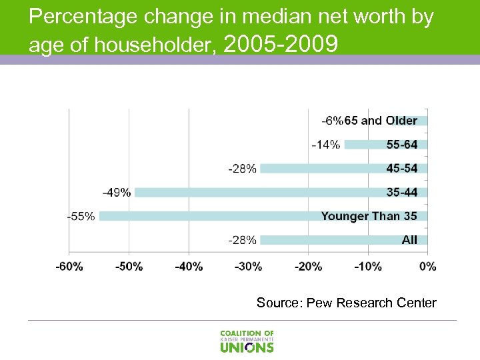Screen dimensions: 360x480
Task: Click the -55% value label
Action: coord(81,216)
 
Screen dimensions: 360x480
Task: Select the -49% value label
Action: coord(116,193)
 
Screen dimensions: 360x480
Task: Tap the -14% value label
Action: coord(325,144)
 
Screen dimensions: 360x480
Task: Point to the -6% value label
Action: coord(332,121)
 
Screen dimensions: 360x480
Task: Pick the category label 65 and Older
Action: coord(381,121)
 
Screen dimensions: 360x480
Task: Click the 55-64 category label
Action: coord(401,144)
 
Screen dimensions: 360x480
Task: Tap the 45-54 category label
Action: coord(401,168)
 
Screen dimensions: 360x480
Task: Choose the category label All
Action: coord(409,240)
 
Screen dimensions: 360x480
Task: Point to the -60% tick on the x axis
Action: coord(69,267)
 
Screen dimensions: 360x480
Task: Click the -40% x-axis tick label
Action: coord(189,267)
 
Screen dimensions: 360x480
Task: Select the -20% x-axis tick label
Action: coord(308,267)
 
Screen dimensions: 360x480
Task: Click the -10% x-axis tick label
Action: coord(368,267)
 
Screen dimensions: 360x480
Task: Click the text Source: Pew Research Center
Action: coord(346,303)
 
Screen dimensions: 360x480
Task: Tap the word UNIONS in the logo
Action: coord(247,347)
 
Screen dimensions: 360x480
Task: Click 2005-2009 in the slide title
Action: coord(282,44)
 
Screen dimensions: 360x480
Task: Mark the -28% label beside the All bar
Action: coord(242,240)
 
